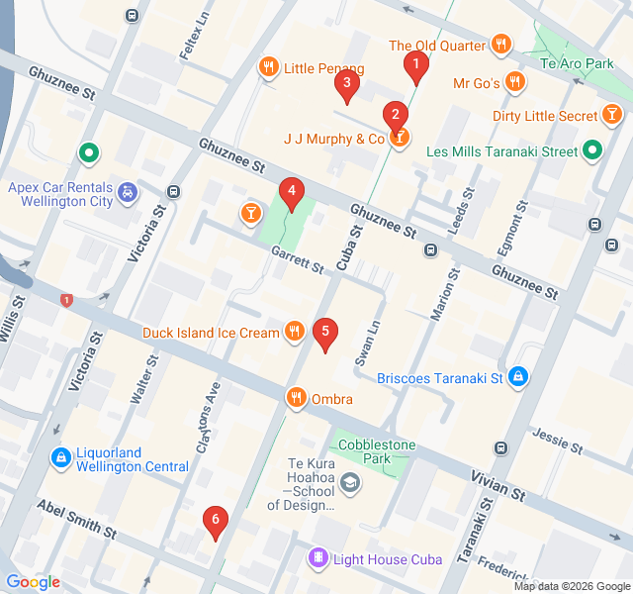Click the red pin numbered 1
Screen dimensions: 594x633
coord(416,67)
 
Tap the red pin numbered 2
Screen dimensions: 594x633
coord(396,115)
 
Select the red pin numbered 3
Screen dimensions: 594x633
coord(345,87)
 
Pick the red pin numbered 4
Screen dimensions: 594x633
coord(290,192)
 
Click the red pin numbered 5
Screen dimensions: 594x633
coord(324,335)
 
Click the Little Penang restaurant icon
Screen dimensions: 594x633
coord(268,68)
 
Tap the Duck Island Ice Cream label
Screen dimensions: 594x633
coord(211,333)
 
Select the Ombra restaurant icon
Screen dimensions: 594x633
coord(295,398)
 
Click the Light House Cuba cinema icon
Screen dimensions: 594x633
coord(317,559)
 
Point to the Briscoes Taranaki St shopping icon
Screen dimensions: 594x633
coord(518,377)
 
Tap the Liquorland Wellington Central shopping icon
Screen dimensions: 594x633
coord(60,457)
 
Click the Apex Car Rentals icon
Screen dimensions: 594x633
coord(127,191)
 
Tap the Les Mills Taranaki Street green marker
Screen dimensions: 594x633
coord(591,151)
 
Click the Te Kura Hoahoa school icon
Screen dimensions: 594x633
coord(349,482)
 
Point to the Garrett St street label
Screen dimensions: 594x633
coord(298,260)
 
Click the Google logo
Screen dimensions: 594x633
coord(33,582)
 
